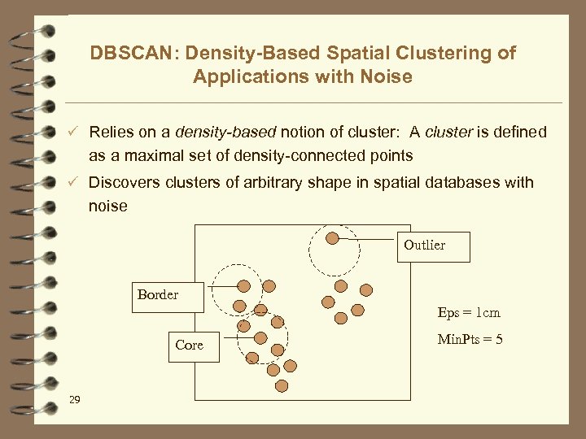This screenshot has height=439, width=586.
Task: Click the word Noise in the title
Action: point(386,77)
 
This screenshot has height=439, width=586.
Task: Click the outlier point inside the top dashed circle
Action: point(332,238)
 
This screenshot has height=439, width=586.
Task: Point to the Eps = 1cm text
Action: point(468,313)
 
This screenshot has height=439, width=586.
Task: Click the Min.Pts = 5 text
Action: point(470,339)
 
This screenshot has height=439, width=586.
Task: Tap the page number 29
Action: point(75,399)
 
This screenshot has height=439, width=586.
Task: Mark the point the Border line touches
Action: point(243,285)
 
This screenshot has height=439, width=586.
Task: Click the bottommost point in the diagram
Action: point(282,385)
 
